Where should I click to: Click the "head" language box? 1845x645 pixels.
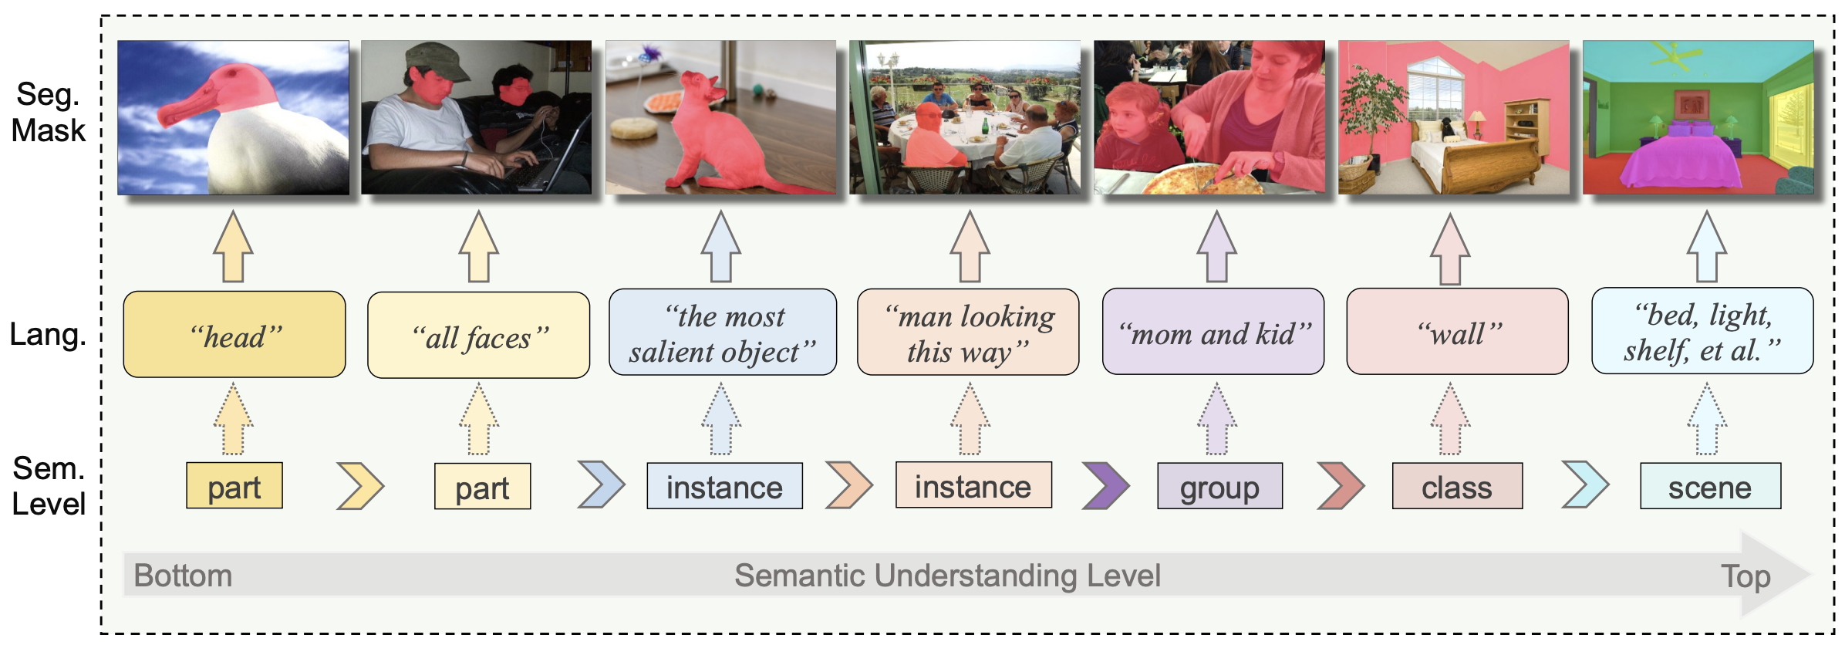[234, 334]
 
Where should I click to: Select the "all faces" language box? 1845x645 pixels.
[479, 335]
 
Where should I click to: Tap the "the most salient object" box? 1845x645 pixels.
[723, 332]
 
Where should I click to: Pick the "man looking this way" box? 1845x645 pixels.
[968, 332]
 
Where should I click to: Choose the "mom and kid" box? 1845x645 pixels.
[1213, 332]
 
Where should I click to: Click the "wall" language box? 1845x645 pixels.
[1457, 332]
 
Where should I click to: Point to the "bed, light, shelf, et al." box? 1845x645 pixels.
[1702, 331]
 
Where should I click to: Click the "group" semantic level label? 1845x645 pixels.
[1219, 486]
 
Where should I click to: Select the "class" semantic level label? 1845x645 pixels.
[1457, 486]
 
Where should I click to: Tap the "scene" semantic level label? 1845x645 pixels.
[1710, 486]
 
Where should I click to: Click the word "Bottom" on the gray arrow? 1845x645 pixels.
[183, 576]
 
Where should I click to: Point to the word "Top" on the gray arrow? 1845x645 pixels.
[1746, 576]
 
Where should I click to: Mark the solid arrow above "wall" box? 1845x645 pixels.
[1450, 248]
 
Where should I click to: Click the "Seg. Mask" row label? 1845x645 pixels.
[49, 113]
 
